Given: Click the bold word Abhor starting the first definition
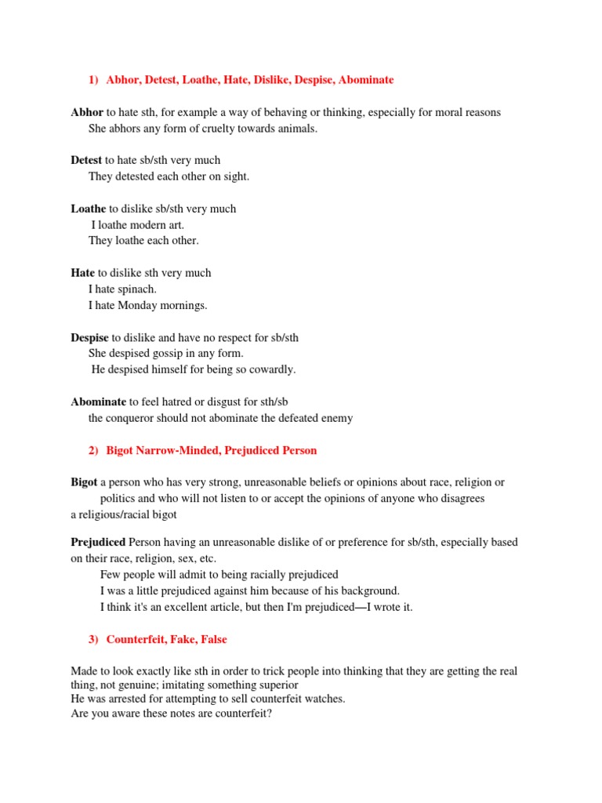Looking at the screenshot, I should (87, 112).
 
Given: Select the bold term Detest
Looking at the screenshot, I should (86, 160).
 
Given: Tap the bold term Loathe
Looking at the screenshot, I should (89, 209).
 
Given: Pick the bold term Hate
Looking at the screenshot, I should (82, 273).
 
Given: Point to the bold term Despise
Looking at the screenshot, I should (90, 337).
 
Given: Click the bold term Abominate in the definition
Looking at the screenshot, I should (98, 401).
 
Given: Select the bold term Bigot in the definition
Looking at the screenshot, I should (84, 482).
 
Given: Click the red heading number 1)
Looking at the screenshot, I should (94, 80).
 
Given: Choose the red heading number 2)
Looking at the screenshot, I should (94, 450).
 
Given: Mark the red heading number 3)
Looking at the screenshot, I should (94, 639).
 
